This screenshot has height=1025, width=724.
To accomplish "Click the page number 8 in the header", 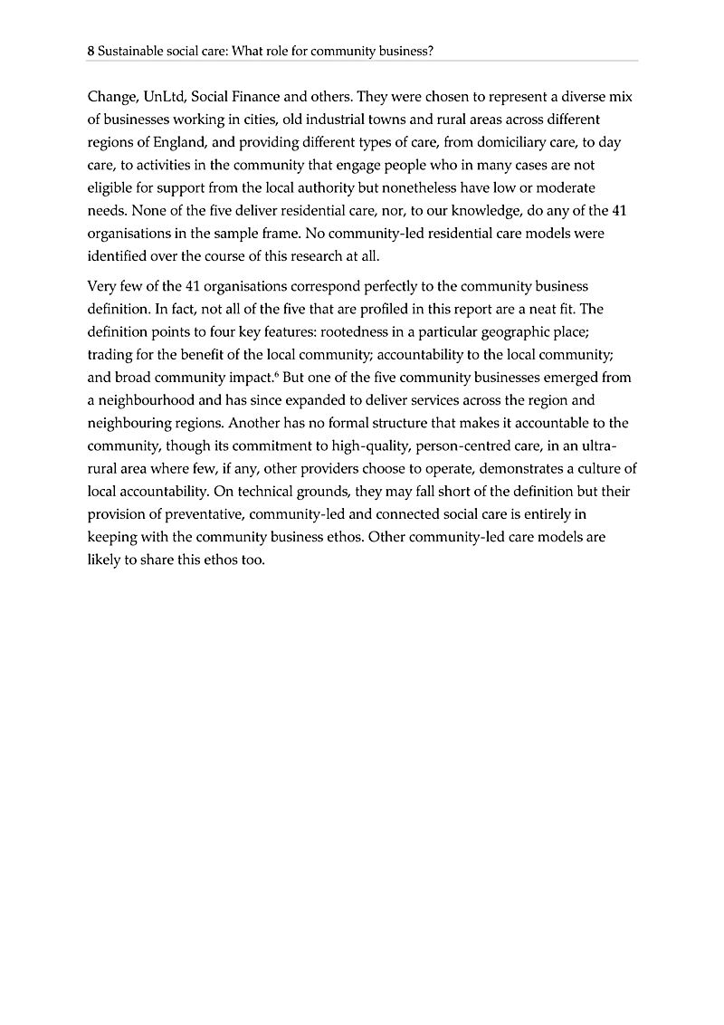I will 90,52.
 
